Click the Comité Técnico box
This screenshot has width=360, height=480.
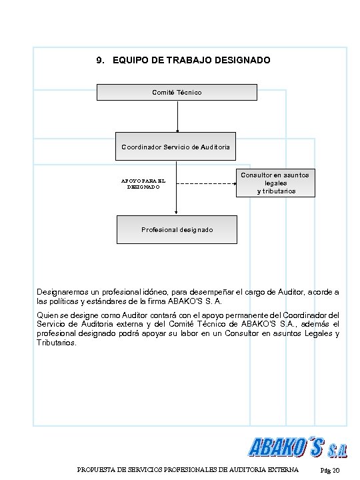177,92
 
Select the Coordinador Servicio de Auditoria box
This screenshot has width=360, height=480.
177,147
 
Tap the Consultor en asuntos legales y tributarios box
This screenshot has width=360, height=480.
276,183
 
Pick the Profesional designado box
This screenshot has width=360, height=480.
177,229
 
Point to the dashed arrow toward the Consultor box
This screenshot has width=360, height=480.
207,184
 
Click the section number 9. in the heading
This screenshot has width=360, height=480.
101,61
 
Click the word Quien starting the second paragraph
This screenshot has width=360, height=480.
47,315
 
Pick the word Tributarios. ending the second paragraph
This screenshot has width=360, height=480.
57,343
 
